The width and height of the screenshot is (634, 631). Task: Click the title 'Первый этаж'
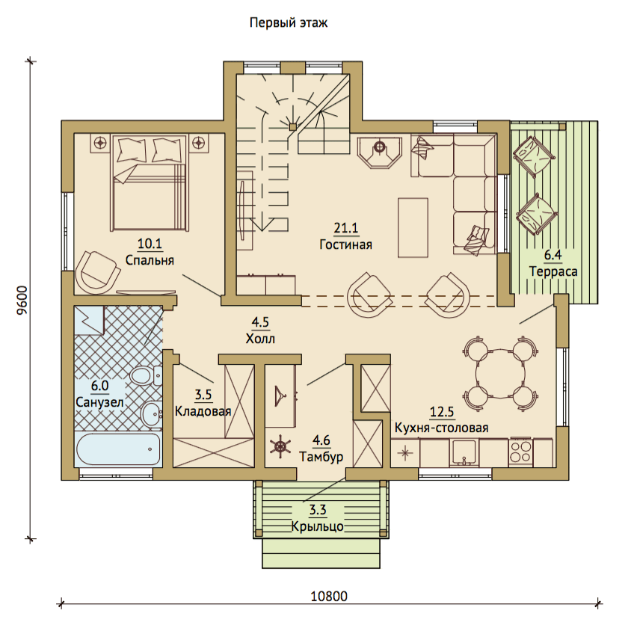click(x=289, y=22)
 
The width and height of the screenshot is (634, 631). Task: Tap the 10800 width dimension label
click(x=329, y=597)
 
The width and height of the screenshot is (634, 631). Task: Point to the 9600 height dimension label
click(x=22, y=300)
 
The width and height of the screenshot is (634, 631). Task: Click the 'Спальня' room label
click(x=150, y=260)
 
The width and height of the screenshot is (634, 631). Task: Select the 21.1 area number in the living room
click(x=346, y=228)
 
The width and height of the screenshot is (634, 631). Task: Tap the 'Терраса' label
click(x=553, y=271)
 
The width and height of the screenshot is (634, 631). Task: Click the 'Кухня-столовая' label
click(x=442, y=428)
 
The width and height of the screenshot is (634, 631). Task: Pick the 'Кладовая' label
click(x=203, y=411)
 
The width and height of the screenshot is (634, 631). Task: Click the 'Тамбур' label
click(x=321, y=456)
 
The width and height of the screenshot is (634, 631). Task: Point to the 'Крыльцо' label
click(x=318, y=526)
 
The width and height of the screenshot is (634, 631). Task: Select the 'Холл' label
click(x=260, y=339)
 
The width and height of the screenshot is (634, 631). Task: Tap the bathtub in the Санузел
click(x=118, y=449)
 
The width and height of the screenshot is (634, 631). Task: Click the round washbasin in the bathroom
click(x=151, y=413)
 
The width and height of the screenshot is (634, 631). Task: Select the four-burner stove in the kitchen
click(x=520, y=452)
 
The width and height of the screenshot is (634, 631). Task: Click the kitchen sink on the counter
click(x=464, y=453)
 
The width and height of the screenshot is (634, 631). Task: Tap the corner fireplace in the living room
click(x=379, y=152)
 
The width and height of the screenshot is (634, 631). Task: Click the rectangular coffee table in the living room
click(x=413, y=227)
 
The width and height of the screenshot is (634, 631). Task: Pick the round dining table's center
click(x=500, y=371)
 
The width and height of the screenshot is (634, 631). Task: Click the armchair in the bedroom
click(x=97, y=271)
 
